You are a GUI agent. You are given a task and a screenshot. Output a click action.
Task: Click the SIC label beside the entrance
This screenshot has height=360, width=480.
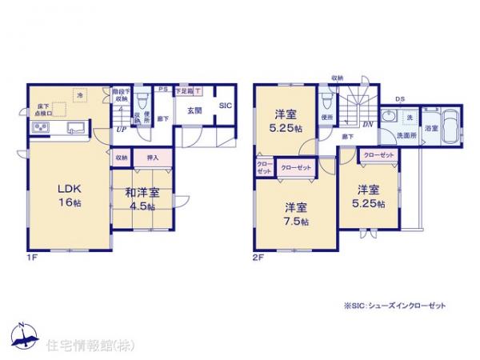225,105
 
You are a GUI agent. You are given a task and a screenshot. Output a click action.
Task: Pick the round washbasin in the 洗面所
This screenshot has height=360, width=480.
390,118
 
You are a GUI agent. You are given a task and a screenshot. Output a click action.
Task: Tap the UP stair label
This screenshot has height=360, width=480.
121,130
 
